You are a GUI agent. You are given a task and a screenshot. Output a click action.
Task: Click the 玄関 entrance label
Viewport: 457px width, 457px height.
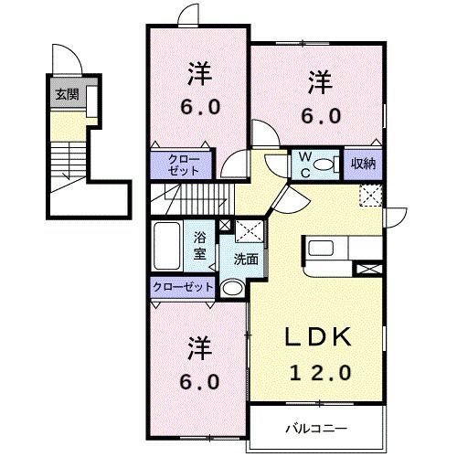click(67, 95)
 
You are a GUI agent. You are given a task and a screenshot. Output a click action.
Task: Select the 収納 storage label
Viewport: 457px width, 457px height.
click(363, 164)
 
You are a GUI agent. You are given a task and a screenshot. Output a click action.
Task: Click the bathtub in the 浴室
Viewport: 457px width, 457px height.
click(167, 246)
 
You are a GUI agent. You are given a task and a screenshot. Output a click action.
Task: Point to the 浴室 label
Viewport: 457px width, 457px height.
click(200, 246)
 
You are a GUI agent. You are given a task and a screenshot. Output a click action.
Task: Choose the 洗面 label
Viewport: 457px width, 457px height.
click(246, 260)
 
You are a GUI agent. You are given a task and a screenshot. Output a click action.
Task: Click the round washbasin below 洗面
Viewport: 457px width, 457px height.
click(232, 288)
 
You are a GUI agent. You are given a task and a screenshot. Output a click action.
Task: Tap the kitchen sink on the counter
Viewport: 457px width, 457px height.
click(321, 249)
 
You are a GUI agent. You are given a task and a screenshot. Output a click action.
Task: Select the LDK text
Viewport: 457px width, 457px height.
click(318, 336)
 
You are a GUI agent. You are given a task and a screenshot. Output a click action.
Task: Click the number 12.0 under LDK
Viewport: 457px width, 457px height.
click(321, 372)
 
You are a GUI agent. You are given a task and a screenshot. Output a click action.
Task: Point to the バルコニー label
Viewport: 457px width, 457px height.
click(316, 429)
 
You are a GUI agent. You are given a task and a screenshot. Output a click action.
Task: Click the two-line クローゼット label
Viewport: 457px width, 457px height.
click(184, 165)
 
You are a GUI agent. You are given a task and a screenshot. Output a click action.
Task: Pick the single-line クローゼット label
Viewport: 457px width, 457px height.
click(183, 287)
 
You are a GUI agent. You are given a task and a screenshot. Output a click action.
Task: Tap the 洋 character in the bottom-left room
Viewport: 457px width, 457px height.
click(199, 347)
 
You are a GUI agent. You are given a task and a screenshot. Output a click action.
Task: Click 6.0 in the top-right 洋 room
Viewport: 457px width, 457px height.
click(321, 116)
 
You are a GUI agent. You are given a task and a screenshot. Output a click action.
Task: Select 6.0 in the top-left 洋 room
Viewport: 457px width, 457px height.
click(200, 107)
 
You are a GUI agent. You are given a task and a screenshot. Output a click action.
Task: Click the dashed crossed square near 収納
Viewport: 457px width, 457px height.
click(371, 196)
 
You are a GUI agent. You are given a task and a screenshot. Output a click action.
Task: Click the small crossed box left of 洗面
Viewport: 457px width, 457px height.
click(225, 226)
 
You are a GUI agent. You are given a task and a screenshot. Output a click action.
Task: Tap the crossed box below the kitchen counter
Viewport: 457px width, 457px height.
click(369, 270)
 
